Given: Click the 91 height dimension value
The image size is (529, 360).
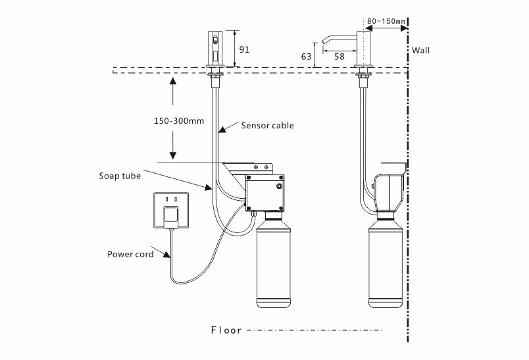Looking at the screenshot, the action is point(244,49).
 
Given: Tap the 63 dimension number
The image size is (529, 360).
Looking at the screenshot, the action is point(306,57).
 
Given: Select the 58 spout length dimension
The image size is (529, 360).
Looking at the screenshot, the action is point(340,57).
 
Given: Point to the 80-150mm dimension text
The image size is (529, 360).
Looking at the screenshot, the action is point(386,21).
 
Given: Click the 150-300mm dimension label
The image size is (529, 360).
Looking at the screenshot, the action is point(179,121).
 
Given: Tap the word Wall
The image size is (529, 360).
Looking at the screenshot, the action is point(420,51).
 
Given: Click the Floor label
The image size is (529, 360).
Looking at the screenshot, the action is point(226,330).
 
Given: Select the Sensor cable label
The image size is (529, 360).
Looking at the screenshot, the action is point(267,126).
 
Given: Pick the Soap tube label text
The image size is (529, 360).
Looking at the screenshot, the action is point(120,176).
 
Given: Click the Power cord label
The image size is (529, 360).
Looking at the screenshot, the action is point(130,254).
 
